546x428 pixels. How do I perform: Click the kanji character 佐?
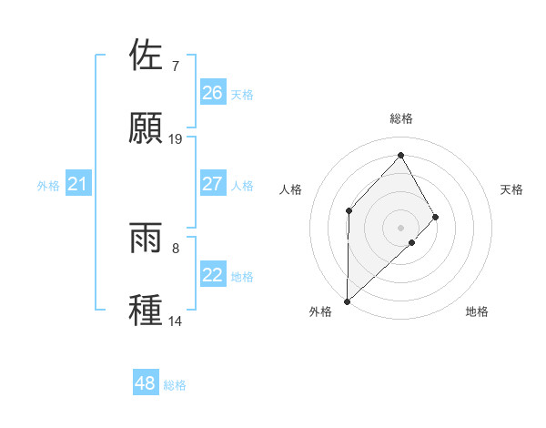click(147, 56)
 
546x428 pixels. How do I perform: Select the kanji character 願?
click(147, 127)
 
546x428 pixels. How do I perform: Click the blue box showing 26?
click(212, 92)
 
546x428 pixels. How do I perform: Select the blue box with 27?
click(212, 184)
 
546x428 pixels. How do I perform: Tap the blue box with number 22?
click(212, 275)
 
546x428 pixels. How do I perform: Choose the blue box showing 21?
click(77, 185)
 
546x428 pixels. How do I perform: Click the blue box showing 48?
click(145, 383)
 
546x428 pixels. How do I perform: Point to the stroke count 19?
click(176, 139)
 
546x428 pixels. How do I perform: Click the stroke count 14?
click(176, 321)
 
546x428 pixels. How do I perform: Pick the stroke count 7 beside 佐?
click(175, 66)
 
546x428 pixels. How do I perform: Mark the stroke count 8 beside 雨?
click(175, 249)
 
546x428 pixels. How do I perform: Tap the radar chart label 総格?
click(400, 118)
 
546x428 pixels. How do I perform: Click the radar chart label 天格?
click(511, 189)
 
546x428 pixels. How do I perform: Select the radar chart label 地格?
click(477, 311)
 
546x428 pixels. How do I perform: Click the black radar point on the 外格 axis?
click(347, 301)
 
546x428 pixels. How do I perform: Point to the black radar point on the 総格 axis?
click(400, 155)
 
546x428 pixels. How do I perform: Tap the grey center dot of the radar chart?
click(400, 227)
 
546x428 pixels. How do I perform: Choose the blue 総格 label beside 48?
click(175, 384)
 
